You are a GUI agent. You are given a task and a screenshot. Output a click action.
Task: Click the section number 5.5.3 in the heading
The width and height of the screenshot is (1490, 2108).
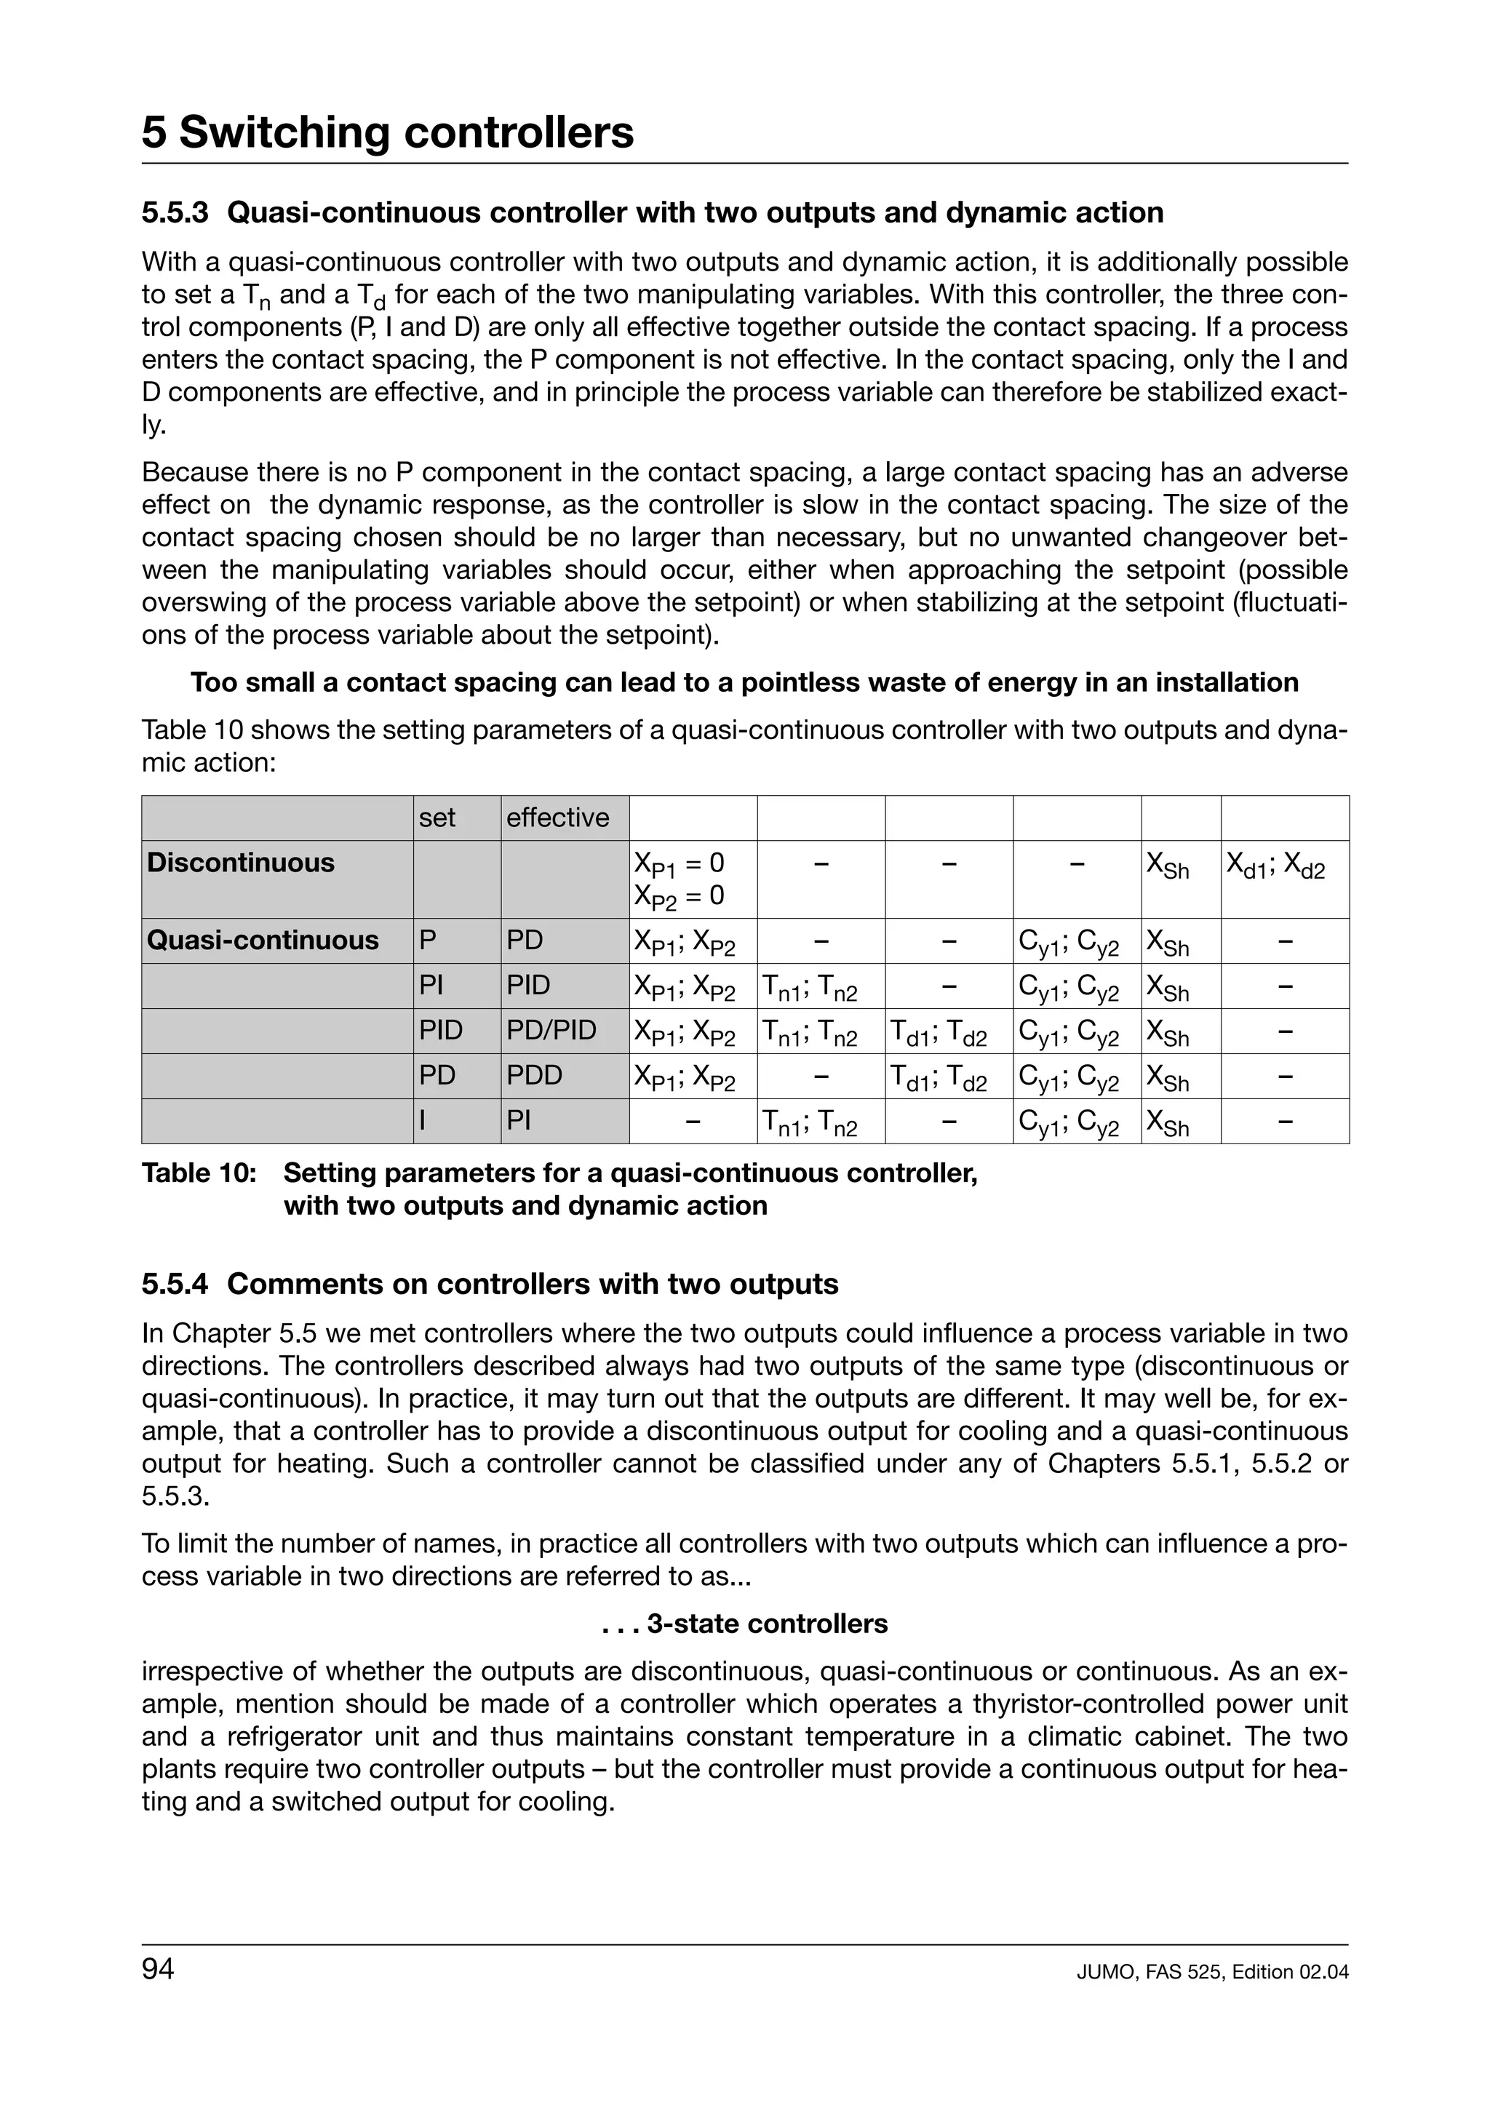click(175, 212)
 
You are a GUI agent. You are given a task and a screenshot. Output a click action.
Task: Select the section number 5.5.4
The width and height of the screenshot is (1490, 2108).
click(175, 1284)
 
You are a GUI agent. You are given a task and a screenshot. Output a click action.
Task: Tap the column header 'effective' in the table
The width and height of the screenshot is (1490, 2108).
click(557, 817)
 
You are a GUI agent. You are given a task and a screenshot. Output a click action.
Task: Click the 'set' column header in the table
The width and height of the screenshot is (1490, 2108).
click(437, 817)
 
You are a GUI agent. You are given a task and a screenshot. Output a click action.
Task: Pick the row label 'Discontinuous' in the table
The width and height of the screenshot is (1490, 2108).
click(241, 862)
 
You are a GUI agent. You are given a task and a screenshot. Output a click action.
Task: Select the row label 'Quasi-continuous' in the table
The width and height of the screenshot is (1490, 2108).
click(263, 940)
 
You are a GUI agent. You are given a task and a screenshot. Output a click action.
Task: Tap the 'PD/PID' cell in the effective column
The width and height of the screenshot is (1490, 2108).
click(551, 1030)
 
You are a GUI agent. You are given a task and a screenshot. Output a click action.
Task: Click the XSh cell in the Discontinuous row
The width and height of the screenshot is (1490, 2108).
click(1168, 865)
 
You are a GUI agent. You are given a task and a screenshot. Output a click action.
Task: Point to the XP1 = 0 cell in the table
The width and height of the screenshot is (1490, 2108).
click(679, 863)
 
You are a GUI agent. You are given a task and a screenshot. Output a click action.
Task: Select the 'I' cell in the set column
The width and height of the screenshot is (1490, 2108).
click(423, 1120)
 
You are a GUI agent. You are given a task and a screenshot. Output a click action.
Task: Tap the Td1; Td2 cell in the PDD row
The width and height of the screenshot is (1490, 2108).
click(937, 1078)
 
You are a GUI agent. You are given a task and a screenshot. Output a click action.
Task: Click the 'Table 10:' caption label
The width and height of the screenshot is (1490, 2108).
click(199, 1173)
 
